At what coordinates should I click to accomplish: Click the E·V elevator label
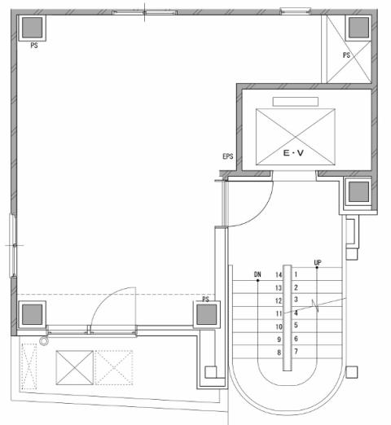pyautogui.click(x=293, y=153)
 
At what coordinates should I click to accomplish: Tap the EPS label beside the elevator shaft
pyautogui.click(x=228, y=156)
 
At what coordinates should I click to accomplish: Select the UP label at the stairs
pyautogui.click(x=318, y=263)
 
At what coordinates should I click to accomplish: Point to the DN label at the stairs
pyautogui.click(x=257, y=274)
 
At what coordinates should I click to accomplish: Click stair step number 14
pyautogui.click(x=279, y=275)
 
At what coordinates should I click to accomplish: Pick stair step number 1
pyautogui.click(x=296, y=274)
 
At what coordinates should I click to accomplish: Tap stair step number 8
pyautogui.click(x=279, y=353)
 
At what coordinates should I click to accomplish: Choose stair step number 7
pyautogui.click(x=296, y=352)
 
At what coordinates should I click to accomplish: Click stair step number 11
pyautogui.click(x=279, y=313)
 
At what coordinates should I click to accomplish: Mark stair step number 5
pyautogui.click(x=296, y=325)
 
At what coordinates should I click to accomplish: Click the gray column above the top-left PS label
pyautogui.click(x=32, y=28)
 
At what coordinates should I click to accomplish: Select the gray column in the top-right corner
pyautogui.click(x=358, y=28)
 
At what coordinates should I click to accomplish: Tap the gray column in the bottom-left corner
pyautogui.click(x=32, y=314)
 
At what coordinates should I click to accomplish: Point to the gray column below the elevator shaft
pyautogui.click(x=358, y=191)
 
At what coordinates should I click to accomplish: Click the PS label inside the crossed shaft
pyautogui.click(x=346, y=55)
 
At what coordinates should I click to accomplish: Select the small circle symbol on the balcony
pyautogui.click(x=43, y=341)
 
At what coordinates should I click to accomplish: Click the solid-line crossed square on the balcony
pyautogui.click(x=75, y=368)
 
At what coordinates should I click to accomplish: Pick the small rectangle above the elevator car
pyautogui.click(x=296, y=102)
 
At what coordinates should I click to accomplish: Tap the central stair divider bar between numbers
pyautogui.click(x=288, y=318)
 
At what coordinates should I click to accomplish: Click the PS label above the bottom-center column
pyautogui.click(x=205, y=299)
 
